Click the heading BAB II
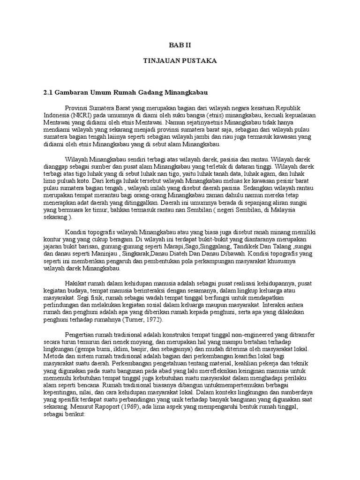(180, 45)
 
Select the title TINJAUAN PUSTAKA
(180, 61)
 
